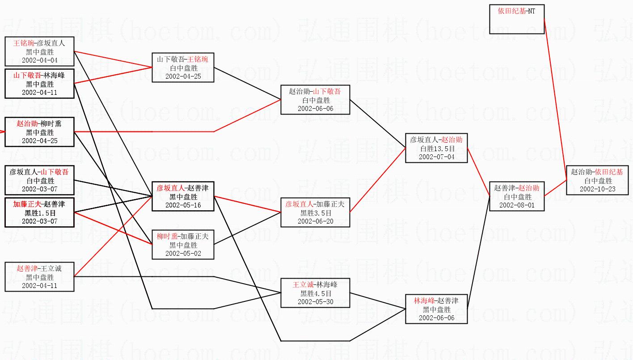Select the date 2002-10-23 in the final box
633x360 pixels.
(597, 189)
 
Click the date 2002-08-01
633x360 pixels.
(517, 205)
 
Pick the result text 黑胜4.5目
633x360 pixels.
(316, 293)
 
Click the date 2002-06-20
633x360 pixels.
(315, 221)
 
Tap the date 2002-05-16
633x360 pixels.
(183, 205)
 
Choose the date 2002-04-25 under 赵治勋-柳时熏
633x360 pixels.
(39, 141)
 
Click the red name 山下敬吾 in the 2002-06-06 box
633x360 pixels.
(327, 91)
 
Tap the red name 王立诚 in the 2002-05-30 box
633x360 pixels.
(303, 285)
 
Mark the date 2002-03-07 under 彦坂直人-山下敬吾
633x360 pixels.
(39, 189)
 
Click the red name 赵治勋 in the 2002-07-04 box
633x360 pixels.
(452, 140)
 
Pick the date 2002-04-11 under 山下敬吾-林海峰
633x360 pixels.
(39, 93)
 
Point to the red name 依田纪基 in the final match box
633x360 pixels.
(609, 172)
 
